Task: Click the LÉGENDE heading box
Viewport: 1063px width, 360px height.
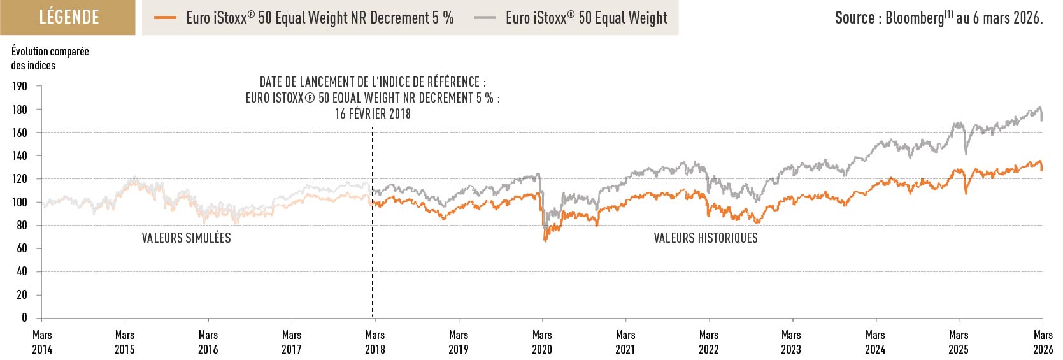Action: point(68,17)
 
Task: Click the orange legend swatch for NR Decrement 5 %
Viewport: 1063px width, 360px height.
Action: point(165,18)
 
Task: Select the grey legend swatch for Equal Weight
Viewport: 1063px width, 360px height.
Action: point(485,18)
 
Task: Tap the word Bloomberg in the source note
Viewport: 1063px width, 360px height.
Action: point(915,18)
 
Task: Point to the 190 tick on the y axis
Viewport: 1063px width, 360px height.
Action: point(20,87)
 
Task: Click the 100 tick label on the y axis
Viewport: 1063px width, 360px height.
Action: point(20,202)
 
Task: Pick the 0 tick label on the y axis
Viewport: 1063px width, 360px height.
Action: point(24,317)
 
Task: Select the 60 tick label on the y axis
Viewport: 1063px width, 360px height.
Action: point(22,248)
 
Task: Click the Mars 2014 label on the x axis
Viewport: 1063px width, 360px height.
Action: point(42,342)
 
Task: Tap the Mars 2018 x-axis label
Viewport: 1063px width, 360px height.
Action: point(375,342)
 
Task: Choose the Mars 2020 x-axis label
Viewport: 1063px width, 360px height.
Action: point(542,342)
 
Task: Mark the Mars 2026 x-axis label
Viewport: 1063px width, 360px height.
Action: point(1043,342)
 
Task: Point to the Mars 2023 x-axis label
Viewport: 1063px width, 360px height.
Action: point(791,342)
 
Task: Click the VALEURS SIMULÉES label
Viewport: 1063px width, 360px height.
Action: point(186,238)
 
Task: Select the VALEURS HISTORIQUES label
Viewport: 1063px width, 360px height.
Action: point(706,238)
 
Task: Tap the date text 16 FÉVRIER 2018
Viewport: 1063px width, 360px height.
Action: point(373,114)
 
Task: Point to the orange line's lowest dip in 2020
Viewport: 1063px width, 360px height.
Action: point(545,240)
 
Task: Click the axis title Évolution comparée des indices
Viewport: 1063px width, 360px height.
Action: point(50,58)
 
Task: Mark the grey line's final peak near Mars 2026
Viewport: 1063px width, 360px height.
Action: point(1040,107)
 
